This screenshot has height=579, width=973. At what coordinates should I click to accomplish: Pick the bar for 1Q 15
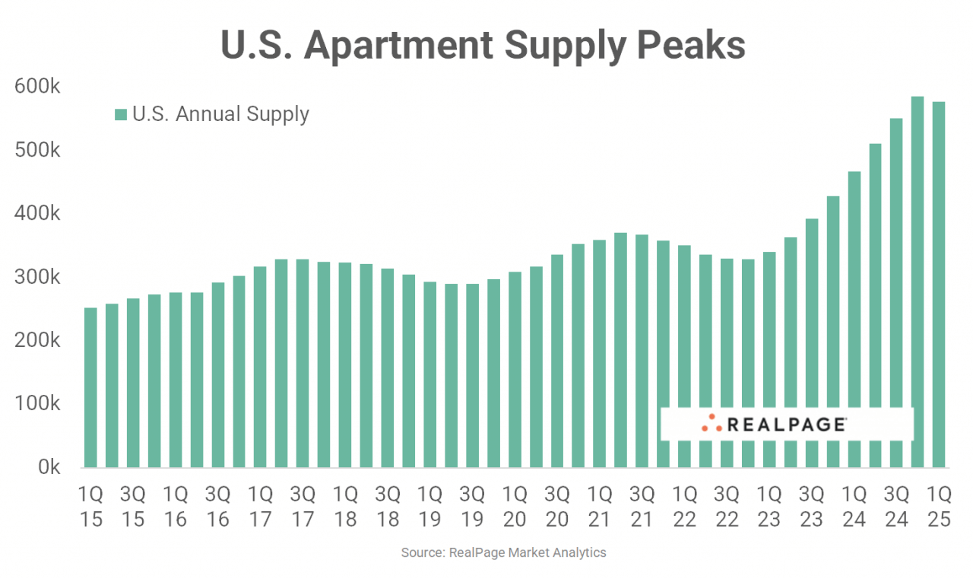point(90,387)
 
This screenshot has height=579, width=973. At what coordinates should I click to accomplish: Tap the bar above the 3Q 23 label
point(812,342)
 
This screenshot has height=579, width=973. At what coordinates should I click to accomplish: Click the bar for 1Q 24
point(854,320)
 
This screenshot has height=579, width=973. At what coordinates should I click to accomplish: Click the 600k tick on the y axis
point(37,87)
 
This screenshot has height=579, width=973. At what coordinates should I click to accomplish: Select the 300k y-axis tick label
point(37,277)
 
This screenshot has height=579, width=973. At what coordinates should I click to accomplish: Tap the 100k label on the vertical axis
point(37,404)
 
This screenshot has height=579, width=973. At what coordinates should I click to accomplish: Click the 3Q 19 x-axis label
point(472,506)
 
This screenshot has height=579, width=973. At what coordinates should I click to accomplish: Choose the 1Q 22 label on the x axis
point(685,506)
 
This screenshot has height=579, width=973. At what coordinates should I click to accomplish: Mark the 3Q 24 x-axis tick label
point(897,506)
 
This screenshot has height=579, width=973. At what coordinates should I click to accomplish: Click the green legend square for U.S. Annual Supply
point(120,115)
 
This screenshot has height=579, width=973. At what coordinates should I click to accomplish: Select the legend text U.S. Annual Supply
point(220,114)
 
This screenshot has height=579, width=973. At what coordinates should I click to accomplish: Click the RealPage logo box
point(786,424)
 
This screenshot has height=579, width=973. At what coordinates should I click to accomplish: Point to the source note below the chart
point(503,553)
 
